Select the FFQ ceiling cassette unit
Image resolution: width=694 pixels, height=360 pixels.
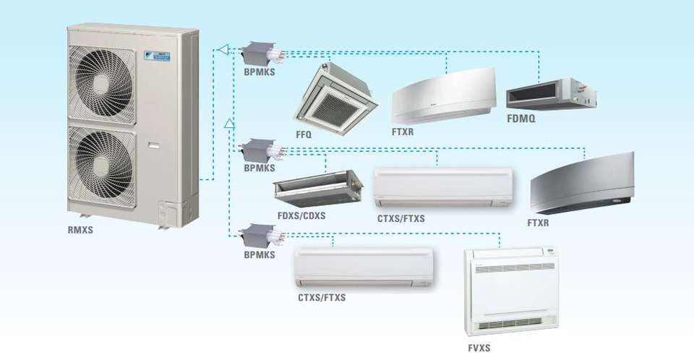[x=329, y=93]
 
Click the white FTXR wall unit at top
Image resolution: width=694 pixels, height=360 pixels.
[x=442, y=95]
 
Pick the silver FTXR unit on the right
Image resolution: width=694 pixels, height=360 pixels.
[x=581, y=184]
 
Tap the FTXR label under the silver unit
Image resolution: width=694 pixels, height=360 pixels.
[x=539, y=223]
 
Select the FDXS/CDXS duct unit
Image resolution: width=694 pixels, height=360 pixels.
[x=317, y=187]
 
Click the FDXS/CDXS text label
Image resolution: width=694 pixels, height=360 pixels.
[x=302, y=215]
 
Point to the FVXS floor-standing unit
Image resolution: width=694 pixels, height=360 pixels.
[x=514, y=291]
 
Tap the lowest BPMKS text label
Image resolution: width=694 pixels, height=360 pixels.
[x=259, y=255]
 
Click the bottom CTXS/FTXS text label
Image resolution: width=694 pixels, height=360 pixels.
[x=322, y=297]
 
